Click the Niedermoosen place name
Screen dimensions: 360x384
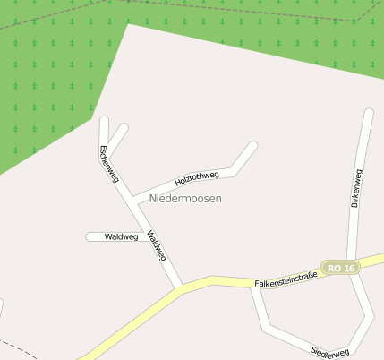[185, 198]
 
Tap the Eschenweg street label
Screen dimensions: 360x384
[109, 164]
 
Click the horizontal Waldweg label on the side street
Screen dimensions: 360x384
[121, 237]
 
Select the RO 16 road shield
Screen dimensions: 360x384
[342, 269]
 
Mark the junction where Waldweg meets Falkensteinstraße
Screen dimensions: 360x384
[181, 288]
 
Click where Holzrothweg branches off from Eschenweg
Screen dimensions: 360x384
[132, 195]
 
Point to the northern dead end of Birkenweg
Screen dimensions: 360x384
[368, 114]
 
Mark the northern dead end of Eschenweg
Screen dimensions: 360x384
[104, 120]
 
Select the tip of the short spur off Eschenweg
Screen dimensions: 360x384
[124, 128]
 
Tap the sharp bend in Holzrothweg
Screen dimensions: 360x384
[231, 168]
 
